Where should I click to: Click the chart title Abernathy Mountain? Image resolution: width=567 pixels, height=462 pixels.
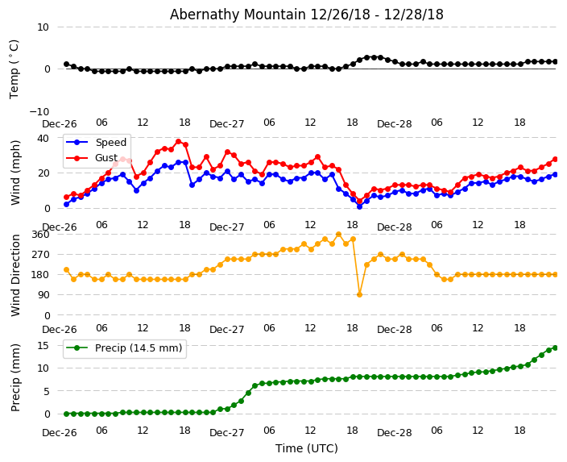(306, 15)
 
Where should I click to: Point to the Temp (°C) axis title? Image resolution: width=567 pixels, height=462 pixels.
(14, 69)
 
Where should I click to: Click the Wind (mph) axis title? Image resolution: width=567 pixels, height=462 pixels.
(15, 172)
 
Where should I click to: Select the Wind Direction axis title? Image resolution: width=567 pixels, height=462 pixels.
(15, 274)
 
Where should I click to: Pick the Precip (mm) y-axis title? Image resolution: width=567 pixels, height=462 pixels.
(15, 377)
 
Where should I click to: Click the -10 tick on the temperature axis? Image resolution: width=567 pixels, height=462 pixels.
(39, 111)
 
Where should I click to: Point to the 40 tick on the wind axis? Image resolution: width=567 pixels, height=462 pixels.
(43, 138)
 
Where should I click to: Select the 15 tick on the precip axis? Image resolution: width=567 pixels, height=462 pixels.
(43, 345)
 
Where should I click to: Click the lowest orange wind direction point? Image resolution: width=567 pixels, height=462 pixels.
(359, 294)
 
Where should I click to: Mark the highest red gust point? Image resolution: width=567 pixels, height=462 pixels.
(178, 141)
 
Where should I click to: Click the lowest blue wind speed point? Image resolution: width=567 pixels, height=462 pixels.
(359, 206)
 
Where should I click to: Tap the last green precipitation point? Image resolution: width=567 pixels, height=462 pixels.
(555, 348)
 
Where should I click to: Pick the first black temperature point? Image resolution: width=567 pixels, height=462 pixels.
(66, 64)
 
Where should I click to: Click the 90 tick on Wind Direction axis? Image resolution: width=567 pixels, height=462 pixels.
(43, 295)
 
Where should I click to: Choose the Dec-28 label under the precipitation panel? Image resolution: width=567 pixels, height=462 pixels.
(394, 433)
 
